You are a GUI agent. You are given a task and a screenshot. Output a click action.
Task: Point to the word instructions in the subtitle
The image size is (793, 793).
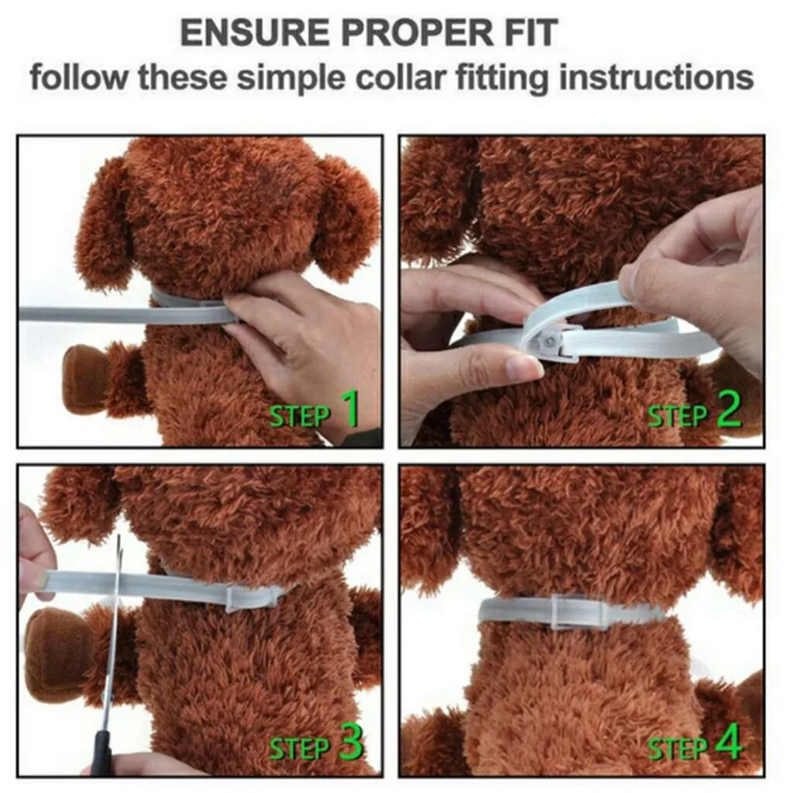click(657, 77)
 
